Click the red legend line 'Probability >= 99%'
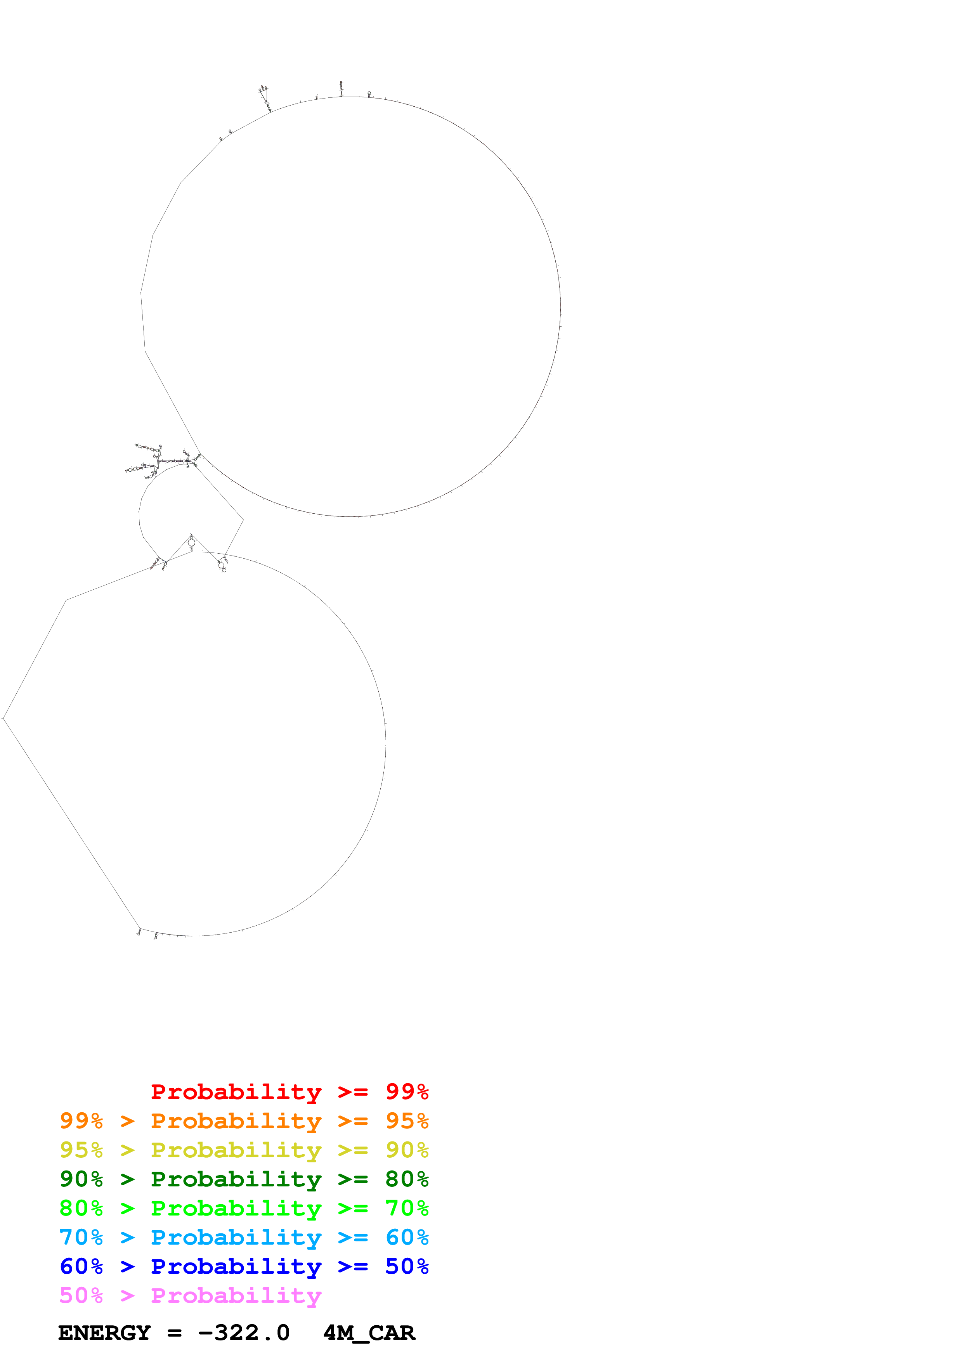289,1092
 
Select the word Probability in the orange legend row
236,1121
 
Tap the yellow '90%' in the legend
407,1150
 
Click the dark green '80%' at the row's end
407,1179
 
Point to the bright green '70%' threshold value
407,1208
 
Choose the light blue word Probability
236,1237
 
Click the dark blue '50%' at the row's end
407,1266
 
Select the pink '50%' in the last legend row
81,1295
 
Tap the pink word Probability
236,1295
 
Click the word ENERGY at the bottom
104,1333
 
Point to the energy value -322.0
244,1333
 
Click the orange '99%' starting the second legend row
81,1121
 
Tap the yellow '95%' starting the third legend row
81,1150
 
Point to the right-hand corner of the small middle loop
243,520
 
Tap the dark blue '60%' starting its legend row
81,1266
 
